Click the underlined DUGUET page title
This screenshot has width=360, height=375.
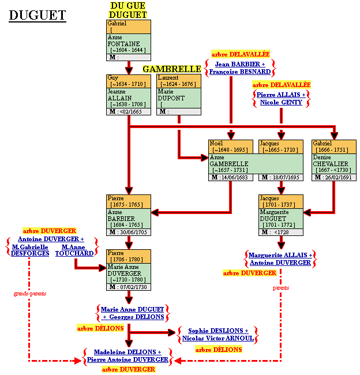click(37, 16)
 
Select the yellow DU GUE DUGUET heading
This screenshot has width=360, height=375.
click(128, 10)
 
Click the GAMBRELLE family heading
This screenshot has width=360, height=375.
click(171, 69)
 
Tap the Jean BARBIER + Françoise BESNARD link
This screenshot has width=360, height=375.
click(239, 68)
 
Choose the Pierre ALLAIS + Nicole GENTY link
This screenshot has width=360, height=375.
click(281, 98)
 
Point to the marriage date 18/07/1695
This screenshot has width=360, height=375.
click(284, 177)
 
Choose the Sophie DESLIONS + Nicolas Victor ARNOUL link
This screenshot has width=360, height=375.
click(217, 335)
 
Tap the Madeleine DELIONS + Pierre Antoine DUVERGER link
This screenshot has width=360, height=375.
click(127, 355)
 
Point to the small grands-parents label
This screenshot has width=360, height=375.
click(30, 294)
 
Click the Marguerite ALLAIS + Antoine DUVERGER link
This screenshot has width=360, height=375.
click(281, 258)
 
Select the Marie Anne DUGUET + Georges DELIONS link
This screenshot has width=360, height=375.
click(132, 313)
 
